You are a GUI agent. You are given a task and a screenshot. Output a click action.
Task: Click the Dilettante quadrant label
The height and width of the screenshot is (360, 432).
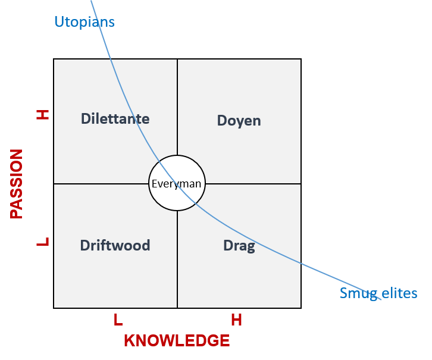[x=115, y=119]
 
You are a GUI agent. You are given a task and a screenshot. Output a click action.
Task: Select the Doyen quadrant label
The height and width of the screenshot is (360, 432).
[x=239, y=121]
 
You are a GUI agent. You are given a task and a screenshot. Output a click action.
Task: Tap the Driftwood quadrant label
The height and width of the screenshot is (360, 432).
[x=115, y=245]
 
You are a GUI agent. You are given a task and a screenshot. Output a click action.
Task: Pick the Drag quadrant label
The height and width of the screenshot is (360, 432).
[x=239, y=246]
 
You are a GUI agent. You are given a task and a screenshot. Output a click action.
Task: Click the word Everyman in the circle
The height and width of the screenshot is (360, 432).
[x=176, y=184]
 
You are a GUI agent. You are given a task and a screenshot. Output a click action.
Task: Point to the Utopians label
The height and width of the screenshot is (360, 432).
[x=84, y=22]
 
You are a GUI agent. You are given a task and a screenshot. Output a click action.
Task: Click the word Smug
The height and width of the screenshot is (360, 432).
[x=359, y=293]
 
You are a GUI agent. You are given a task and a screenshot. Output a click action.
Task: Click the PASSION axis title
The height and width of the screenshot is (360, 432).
[x=16, y=184]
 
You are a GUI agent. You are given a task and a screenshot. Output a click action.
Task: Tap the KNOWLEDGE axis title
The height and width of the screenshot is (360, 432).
[x=177, y=341]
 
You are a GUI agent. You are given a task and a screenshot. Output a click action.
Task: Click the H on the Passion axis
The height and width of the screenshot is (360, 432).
[x=43, y=115]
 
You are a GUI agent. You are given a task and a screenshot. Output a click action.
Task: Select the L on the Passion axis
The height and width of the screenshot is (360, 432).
[x=43, y=242]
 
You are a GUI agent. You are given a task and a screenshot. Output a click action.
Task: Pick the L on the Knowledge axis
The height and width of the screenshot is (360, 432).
[x=118, y=320]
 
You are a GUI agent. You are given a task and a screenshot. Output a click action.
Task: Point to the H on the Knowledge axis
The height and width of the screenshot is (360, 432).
[x=236, y=320]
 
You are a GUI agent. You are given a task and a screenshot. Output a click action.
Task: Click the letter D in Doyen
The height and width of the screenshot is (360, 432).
[x=221, y=121]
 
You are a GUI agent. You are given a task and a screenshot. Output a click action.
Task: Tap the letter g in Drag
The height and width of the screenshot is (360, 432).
[x=251, y=247]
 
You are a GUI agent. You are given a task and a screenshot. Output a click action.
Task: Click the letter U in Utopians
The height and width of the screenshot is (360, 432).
[x=60, y=21]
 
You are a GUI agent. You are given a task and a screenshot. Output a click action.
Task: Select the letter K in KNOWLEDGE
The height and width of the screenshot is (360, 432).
[x=130, y=341]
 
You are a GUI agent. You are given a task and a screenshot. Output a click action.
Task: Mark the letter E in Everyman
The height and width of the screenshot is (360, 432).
[x=154, y=184]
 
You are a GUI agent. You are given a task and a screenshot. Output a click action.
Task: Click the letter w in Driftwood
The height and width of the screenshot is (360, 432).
[x=121, y=246]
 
